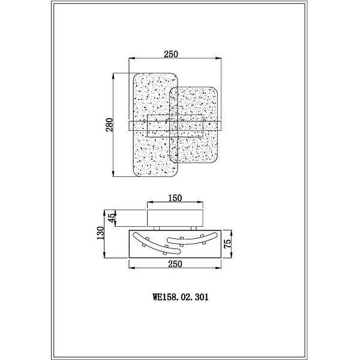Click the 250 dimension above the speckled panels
click(x=171, y=54)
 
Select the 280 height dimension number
click(x=110, y=125)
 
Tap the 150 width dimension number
click(x=175, y=198)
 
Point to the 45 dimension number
click(x=111, y=218)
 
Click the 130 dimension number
click(x=101, y=233)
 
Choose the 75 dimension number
click(x=227, y=244)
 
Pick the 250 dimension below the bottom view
click(x=175, y=264)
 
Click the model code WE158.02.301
click(x=181, y=297)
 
